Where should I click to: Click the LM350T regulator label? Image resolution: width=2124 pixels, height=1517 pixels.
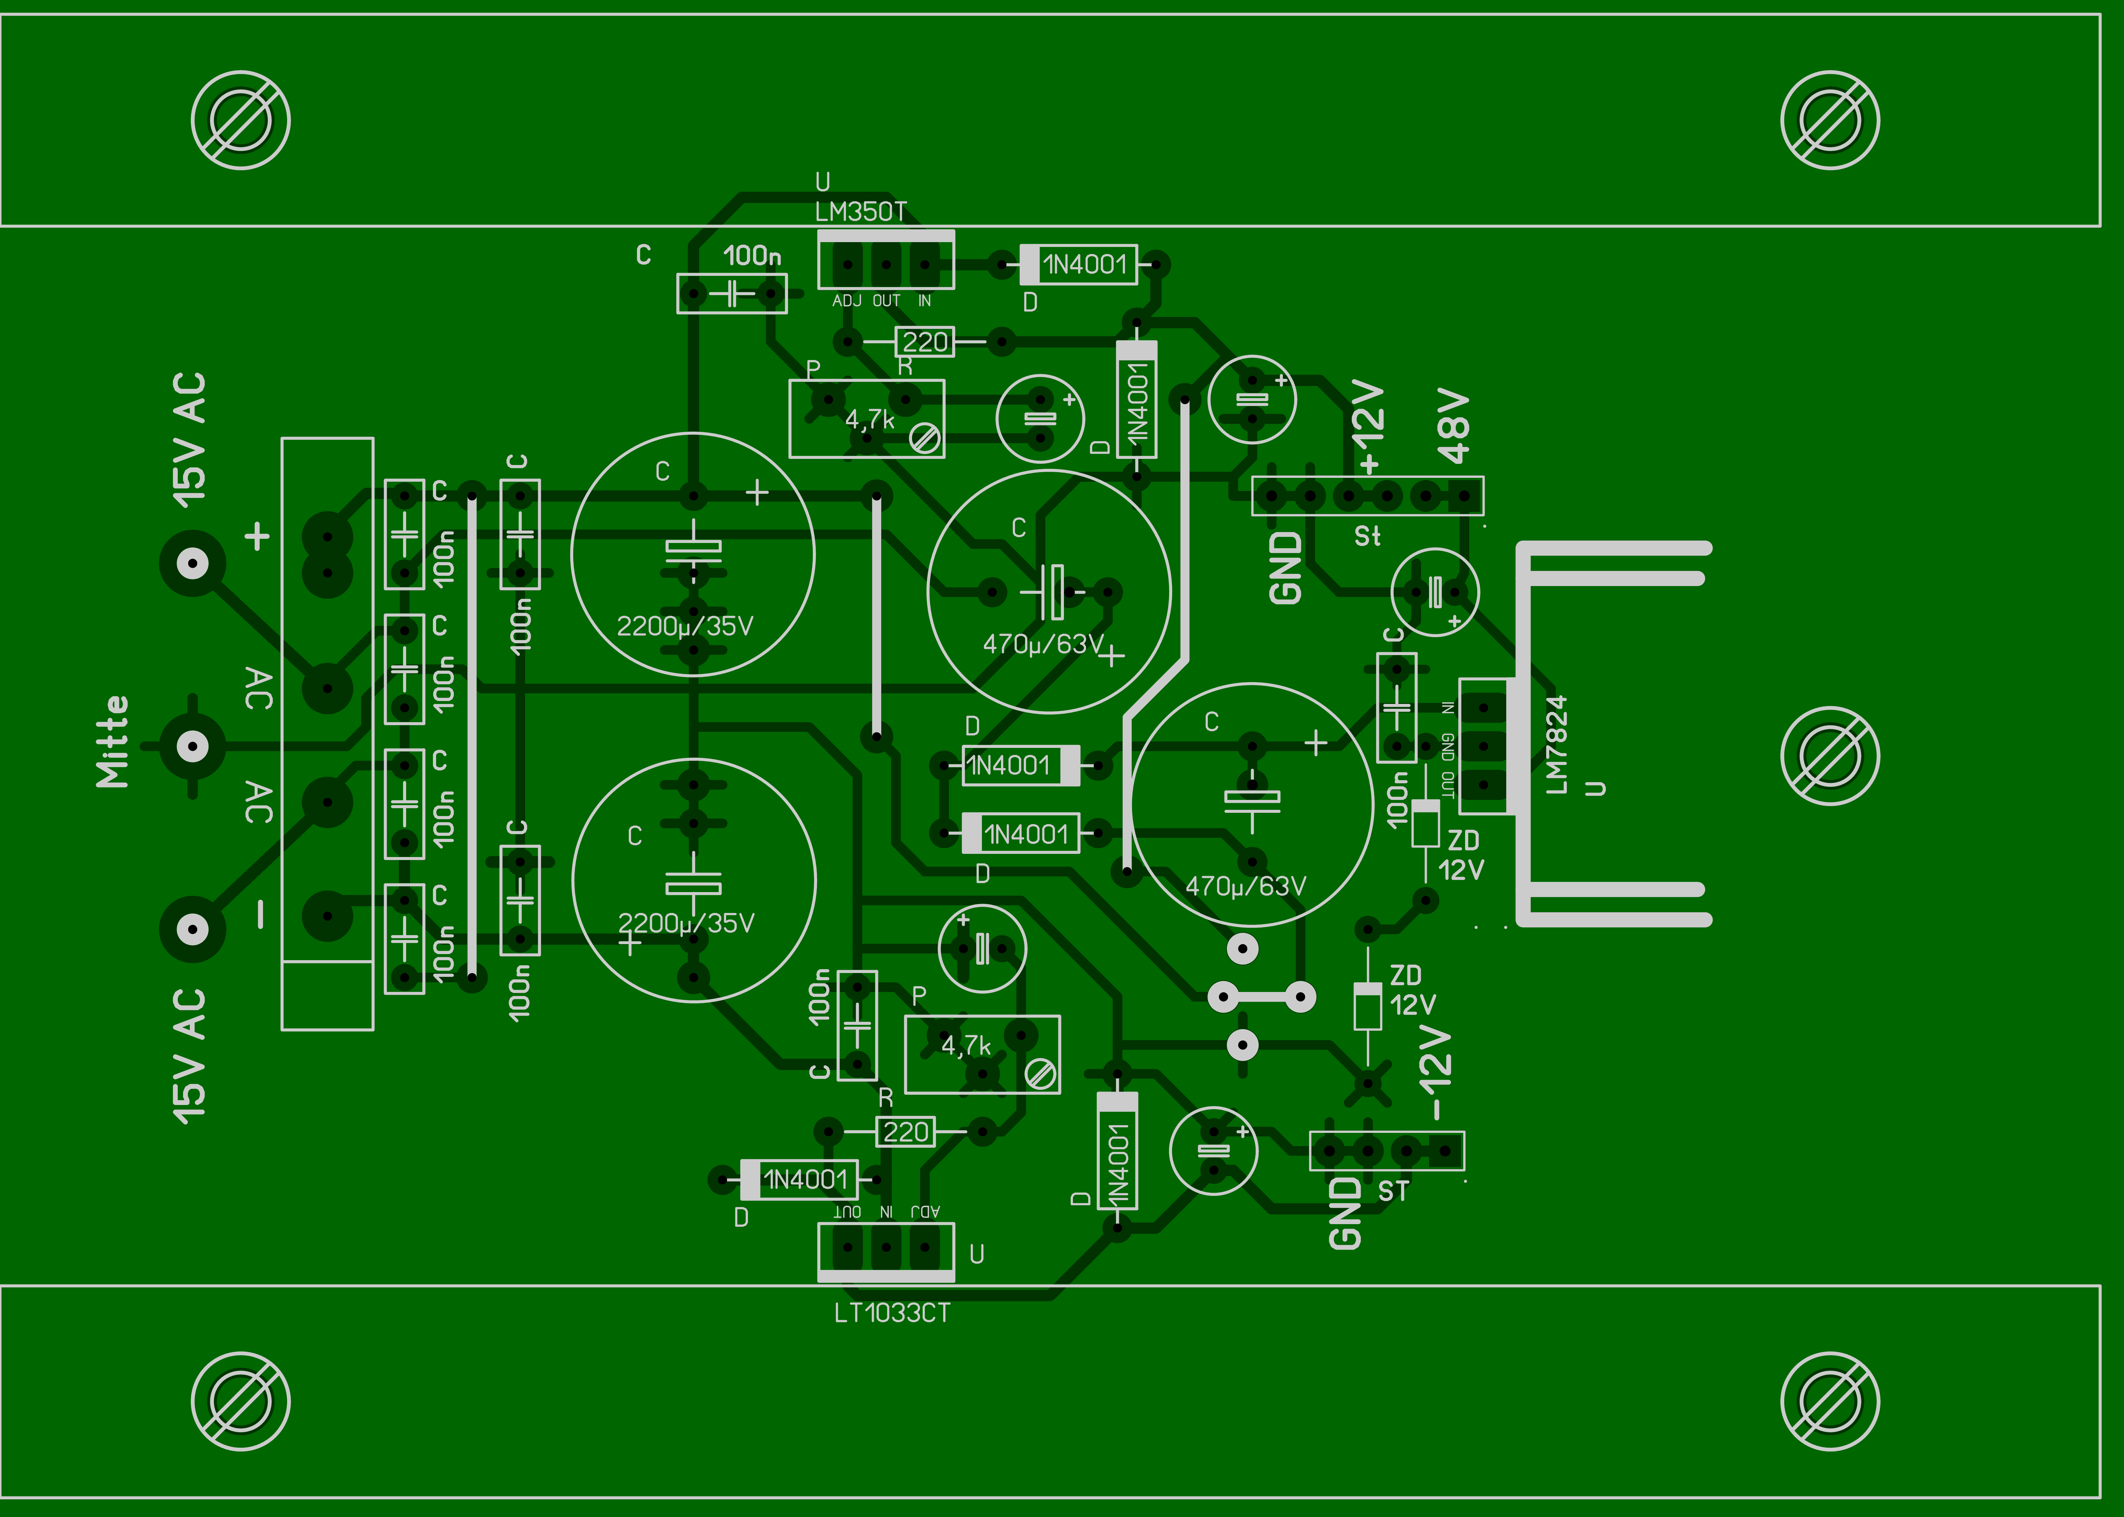[x=860, y=212]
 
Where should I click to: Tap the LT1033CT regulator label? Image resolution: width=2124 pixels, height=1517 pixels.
[x=892, y=1313]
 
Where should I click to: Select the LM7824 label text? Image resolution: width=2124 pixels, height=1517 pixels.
[x=1556, y=744]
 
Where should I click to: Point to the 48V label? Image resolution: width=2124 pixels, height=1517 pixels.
[x=1454, y=427]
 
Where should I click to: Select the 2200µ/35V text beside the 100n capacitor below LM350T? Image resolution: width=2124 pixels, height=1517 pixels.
[x=685, y=626]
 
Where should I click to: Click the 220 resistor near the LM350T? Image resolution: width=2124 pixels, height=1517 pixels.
[x=925, y=342]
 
